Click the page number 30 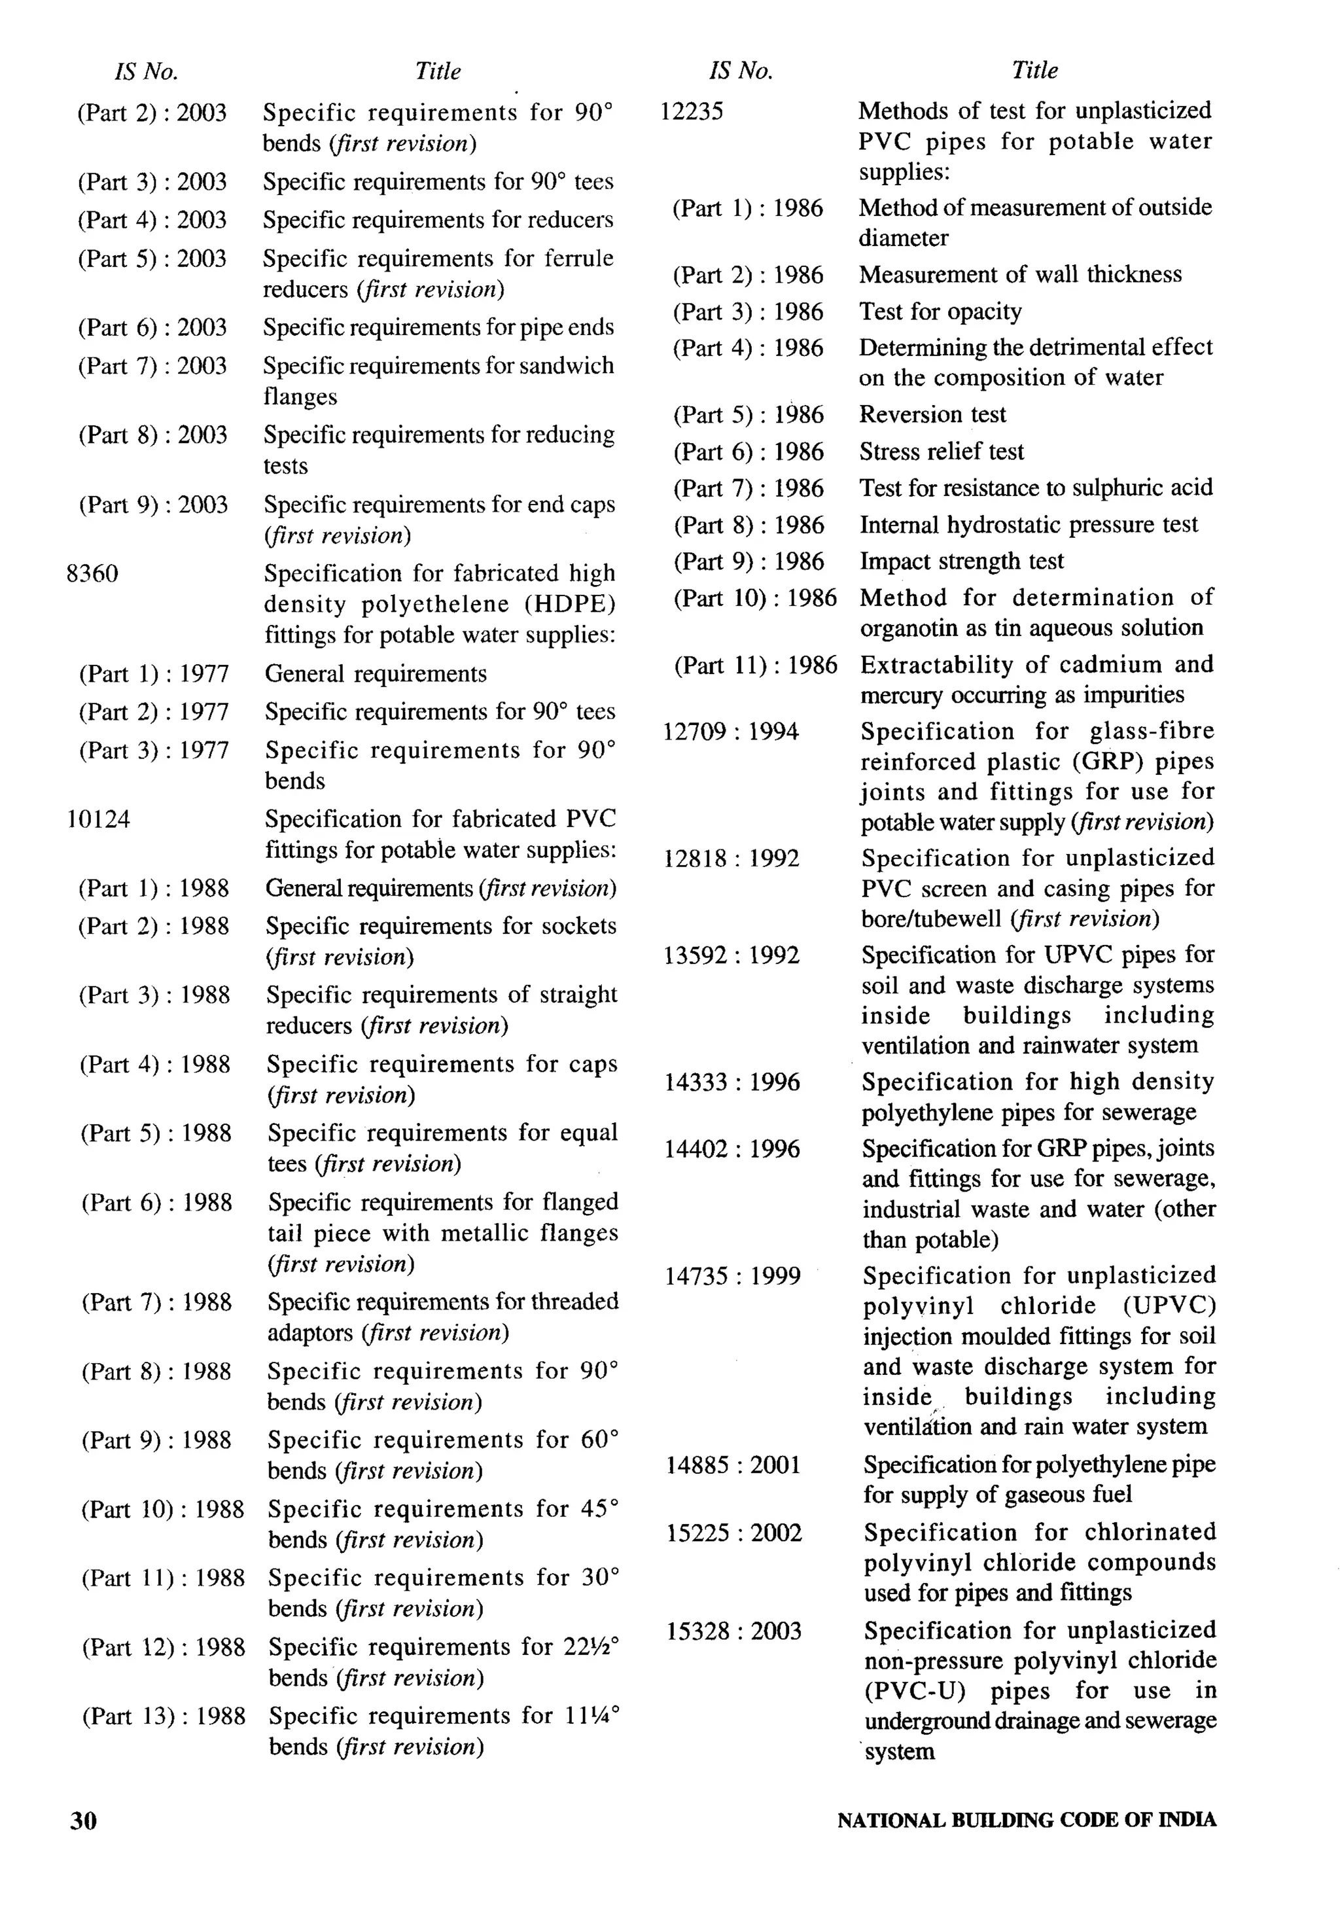(x=84, y=1821)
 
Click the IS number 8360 (x=93, y=574)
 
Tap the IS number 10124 (x=99, y=819)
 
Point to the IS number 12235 (x=692, y=111)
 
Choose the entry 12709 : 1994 (x=732, y=732)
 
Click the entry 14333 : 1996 (x=732, y=1082)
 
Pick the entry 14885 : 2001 (x=733, y=1465)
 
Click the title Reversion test (x=933, y=415)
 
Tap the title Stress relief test (x=942, y=452)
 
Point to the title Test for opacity (x=940, y=312)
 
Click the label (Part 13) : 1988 (x=164, y=1716)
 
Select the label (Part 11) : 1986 (x=756, y=666)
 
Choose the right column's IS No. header (x=741, y=71)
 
